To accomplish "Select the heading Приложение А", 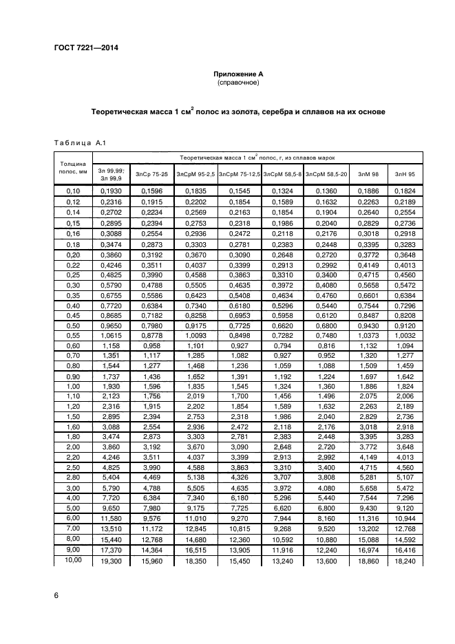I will [x=237, y=73].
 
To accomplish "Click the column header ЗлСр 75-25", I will [x=151, y=174].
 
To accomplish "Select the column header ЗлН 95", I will [x=404, y=174].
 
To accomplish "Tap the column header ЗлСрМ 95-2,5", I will [x=196, y=174].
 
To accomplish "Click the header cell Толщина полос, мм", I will [x=72, y=168].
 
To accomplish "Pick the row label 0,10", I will [x=72, y=190].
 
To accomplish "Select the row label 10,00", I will [x=72, y=561].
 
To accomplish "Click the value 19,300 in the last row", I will [x=111, y=562].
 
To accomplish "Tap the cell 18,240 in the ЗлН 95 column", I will [x=404, y=562].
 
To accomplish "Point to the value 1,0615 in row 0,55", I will [x=111, y=335].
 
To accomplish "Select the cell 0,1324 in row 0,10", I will [x=283, y=190].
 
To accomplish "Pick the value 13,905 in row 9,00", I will [x=239, y=550].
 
